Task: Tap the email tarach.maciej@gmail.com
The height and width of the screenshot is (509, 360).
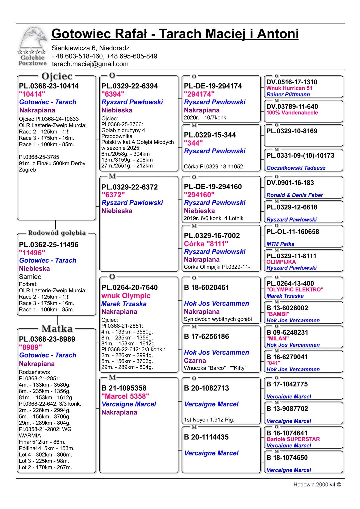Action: click(x=90, y=64)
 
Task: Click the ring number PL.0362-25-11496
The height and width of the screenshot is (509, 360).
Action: click(x=49, y=245)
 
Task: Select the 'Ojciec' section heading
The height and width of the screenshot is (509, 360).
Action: click(x=57, y=76)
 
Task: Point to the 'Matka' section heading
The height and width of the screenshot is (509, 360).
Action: click(x=57, y=329)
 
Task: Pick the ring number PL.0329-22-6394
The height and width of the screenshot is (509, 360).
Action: click(x=130, y=86)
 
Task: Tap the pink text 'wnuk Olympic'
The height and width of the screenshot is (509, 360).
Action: click(x=126, y=296)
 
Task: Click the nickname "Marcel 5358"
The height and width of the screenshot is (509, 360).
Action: click(x=125, y=396)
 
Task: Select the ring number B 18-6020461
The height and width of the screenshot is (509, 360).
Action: click(x=206, y=288)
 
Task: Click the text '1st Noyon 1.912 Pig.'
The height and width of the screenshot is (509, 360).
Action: click(x=209, y=420)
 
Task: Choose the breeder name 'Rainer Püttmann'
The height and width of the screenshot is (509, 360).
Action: click(x=288, y=95)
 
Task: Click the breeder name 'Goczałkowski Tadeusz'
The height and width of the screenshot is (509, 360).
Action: click(x=296, y=168)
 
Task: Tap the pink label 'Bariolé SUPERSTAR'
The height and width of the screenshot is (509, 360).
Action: click(x=293, y=439)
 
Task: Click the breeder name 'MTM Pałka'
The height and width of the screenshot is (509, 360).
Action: click(x=280, y=244)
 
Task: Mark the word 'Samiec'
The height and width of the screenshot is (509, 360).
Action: click(x=30, y=277)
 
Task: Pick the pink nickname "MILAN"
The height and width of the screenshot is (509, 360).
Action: click(x=277, y=339)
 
